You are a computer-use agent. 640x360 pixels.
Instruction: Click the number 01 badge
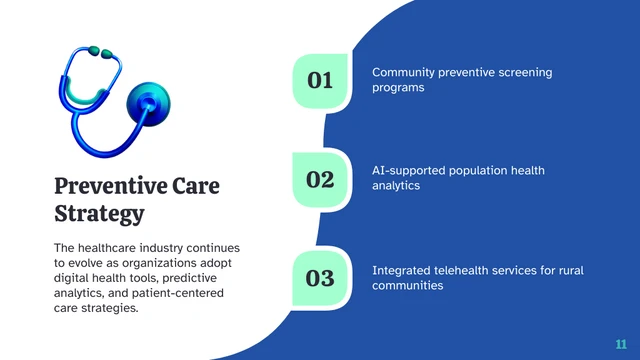(320, 80)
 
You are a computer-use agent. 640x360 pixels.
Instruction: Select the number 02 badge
(320, 179)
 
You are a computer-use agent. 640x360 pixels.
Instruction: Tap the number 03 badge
(320, 277)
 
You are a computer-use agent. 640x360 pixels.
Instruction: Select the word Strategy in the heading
(99, 214)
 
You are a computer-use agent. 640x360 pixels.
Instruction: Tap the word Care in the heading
(196, 186)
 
